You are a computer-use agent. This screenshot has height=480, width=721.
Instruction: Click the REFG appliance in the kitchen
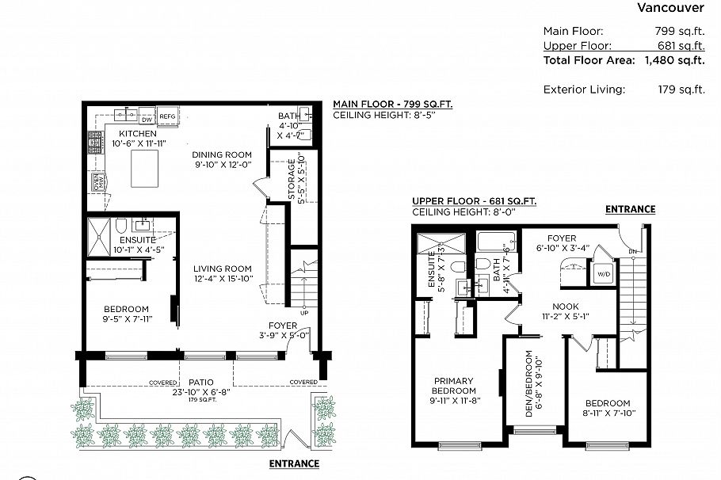click(x=167, y=116)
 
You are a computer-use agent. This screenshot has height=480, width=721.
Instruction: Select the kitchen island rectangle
click(x=144, y=169)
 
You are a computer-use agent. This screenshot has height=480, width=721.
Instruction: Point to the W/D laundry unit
click(x=604, y=274)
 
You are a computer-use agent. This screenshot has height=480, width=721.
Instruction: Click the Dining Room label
click(x=222, y=155)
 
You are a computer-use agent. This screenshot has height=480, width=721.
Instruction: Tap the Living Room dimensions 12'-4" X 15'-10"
click(x=223, y=279)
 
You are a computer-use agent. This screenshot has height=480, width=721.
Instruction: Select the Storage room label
click(x=292, y=179)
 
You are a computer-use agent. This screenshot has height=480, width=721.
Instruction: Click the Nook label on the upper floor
click(x=566, y=307)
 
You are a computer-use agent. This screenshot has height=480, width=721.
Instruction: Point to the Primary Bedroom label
click(x=454, y=386)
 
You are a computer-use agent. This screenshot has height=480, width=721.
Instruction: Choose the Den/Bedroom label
click(x=528, y=384)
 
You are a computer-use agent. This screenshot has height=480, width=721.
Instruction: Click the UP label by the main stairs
click(x=304, y=313)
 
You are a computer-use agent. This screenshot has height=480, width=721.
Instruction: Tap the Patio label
click(x=201, y=382)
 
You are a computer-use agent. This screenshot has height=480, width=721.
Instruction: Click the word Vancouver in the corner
click(x=670, y=7)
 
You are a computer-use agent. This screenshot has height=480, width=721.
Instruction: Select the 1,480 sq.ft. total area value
click(x=674, y=60)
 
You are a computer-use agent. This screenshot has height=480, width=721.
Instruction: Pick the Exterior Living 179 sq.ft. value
click(x=681, y=90)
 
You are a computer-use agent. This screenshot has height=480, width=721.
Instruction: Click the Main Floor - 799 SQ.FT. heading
click(x=393, y=104)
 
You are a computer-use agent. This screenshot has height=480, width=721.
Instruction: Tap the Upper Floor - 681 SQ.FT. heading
click(x=474, y=201)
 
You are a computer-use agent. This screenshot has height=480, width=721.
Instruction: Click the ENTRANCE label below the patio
click(x=294, y=463)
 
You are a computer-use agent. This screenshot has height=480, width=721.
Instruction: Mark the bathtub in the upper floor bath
click(x=496, y=241)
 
